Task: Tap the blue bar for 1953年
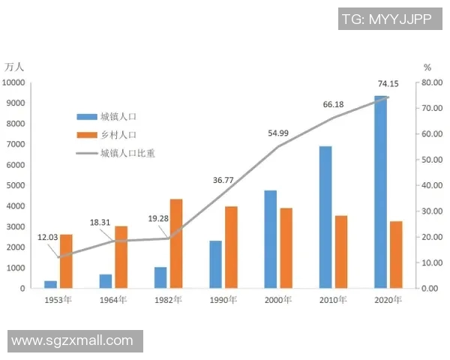[50, 284]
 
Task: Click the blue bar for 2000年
[270, 239]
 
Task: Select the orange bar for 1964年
[121, 256]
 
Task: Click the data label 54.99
[278, 133]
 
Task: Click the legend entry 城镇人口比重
[132, 154]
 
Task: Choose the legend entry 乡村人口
[118, 135]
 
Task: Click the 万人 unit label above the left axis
[15, 67]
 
